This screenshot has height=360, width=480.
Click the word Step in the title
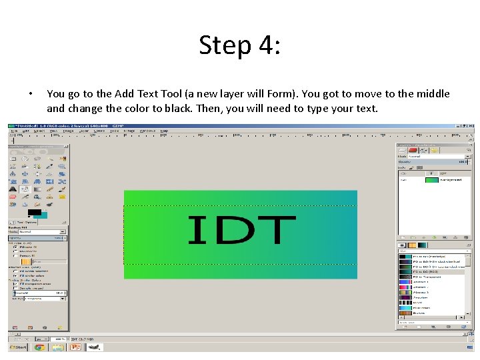point(224,45)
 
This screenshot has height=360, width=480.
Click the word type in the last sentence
point(318,108)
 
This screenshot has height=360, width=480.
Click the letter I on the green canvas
point(197,230)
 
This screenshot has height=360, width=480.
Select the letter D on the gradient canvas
point(227,230)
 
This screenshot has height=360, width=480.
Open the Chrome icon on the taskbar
point(39,347)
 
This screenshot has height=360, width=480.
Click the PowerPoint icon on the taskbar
point(75,347)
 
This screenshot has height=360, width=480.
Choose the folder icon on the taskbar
point(57,347)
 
